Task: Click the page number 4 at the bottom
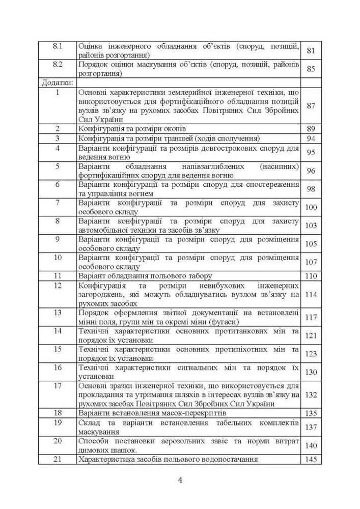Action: coord(180,480)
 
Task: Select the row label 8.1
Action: coord(58,46)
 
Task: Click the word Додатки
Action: coord(56,81)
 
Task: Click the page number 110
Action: coord(311,276)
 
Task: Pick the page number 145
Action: coord(311,460)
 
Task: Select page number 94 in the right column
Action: coord(311,139)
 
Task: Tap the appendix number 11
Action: coord(58,276)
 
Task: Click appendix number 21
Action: coord(58,459)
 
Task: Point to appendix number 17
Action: coord(58,385)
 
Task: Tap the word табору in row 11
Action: coord(199,276)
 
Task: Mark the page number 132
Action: coord(311,394)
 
